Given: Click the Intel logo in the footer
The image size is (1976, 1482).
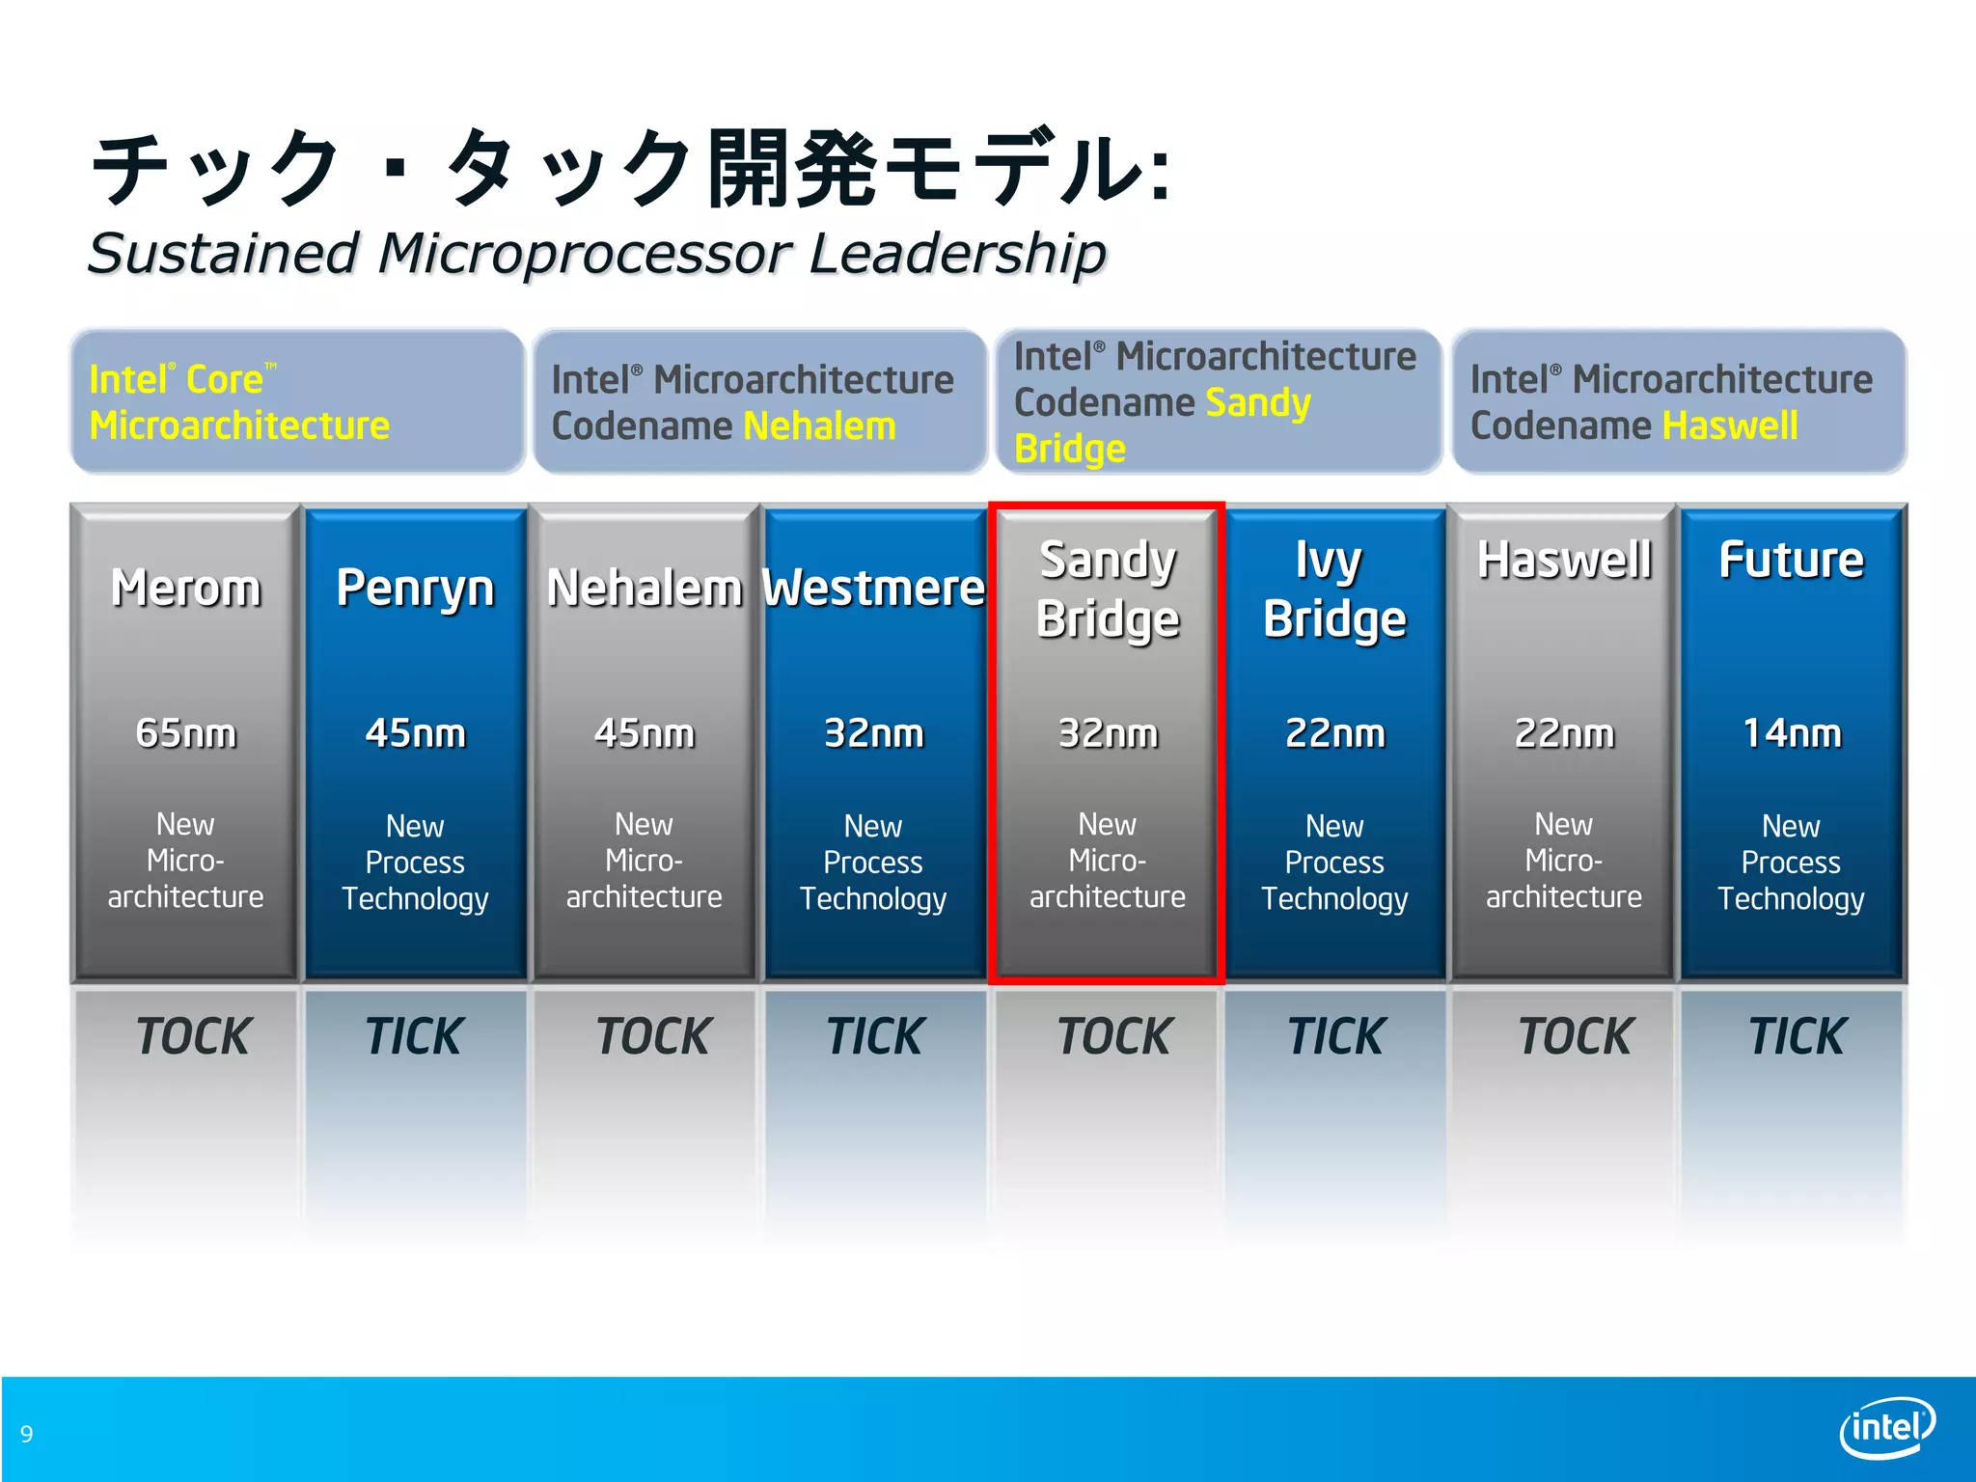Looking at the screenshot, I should tap(1886, 1426).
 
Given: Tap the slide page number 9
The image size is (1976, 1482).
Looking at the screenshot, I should tap(27, 1434).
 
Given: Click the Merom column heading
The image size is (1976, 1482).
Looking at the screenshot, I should tap(186, 588).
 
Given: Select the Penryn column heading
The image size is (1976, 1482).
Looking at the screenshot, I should tap(415, 588).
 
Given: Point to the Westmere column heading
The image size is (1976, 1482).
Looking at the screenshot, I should tap(873, 588).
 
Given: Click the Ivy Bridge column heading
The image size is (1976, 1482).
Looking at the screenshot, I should tap(1334, 590).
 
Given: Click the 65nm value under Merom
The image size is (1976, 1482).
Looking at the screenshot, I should tap(186, 733).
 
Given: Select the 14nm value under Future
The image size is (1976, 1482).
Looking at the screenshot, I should tap(1791, 733).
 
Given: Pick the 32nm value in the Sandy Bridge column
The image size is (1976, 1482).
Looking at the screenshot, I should tap(1108, 733).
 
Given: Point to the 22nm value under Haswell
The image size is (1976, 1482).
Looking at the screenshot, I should tap(1564, 733).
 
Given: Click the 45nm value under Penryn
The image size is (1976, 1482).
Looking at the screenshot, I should tap(415, 733).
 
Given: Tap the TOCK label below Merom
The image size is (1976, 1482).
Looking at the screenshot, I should tap(193, 1036).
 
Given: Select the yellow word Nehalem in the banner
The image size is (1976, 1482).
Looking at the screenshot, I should tap(819, 425).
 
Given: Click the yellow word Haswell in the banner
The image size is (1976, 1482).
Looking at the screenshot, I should tap(1730, 425).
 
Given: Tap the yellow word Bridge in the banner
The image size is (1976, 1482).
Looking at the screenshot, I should tap(1070, 449).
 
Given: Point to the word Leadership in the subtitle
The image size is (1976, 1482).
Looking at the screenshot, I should tap(957, 254).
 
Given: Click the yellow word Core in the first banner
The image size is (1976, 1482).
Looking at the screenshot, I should tap(224, 379).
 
